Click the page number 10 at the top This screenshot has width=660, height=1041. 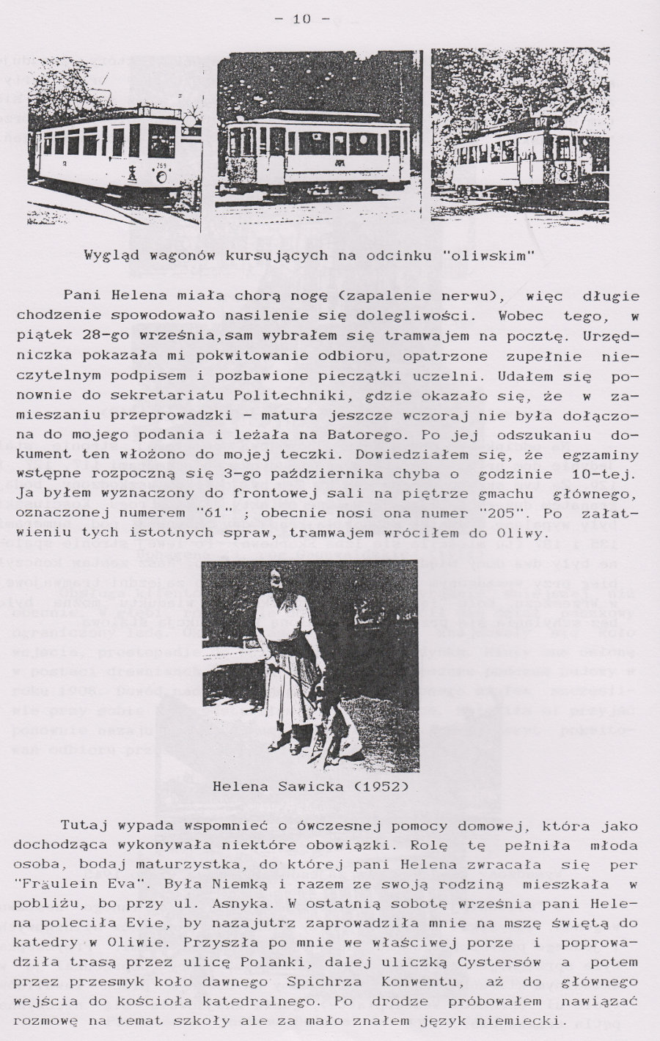301,20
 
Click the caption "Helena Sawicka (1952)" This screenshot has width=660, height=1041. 311,787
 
